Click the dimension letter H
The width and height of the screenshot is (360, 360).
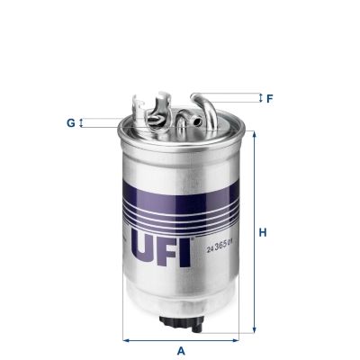pos(264,234)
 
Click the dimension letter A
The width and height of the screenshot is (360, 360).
pos(181,349)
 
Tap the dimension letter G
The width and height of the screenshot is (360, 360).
pos(71,121)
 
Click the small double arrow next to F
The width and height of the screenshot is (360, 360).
pos(259,97)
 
